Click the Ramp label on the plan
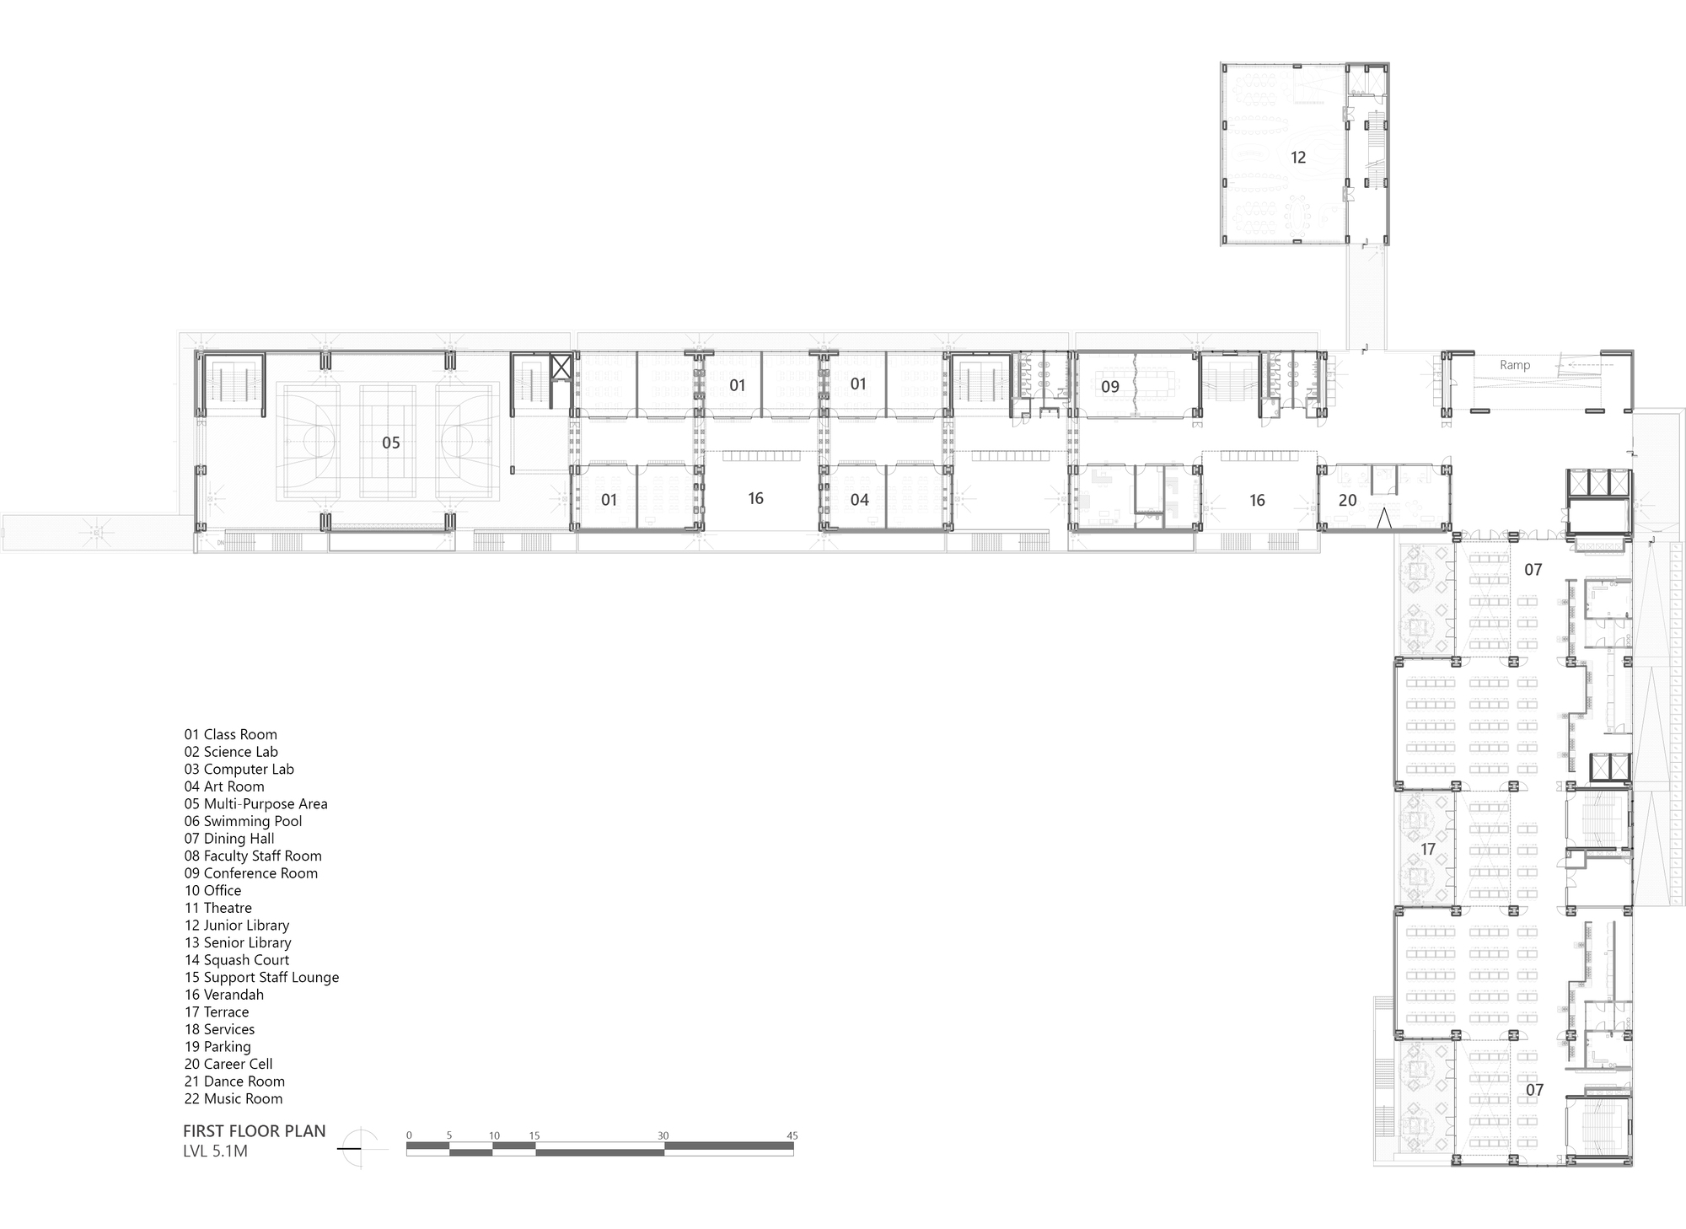[x=1514, y=365]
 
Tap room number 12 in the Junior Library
[x=1297, y=158]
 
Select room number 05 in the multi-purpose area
[x=390, y=443]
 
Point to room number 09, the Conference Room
[x=1109, y=387]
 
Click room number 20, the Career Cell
[x=1347, y=500]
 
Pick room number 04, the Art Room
[x=859, y=500]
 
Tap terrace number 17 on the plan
[x=1427, y=849]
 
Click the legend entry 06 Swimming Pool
[x=243, y=821]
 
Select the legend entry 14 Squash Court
[x=236, y=960]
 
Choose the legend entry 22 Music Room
[x=234, y=1098]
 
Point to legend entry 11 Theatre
[x=217, y=908]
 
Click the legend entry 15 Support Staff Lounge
[x=261, y=977]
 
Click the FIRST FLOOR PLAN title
[x=254, y=1131]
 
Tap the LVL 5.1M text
[x=215, y=1151]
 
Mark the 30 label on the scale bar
[x=663, y=1135]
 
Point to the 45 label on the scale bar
[x=792, y=1135]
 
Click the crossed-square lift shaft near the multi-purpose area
[x=561, y=368]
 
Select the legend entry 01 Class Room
[x=230, y=734]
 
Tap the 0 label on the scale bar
[x=409, y=1135]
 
